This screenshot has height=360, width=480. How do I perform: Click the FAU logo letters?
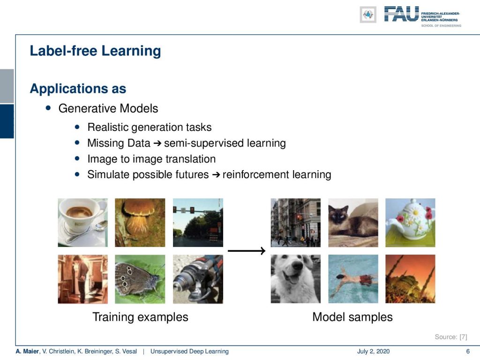(401, 14)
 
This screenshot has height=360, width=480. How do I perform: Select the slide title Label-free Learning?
(95, 51)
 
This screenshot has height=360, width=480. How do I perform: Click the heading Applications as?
(78, 89)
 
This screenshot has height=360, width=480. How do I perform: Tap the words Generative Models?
(108, 108)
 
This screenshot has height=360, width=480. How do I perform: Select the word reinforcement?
(256, 174)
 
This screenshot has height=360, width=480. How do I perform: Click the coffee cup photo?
(82, 223)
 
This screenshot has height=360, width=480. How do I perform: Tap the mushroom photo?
(140, 223)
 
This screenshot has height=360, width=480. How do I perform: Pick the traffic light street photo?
(198, 223)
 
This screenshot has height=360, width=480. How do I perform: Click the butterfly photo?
(140, 279)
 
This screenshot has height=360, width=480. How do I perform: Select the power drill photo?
(198, 279)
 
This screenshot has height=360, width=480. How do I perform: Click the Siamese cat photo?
(353, 223)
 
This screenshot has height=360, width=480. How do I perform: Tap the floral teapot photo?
(410, 223)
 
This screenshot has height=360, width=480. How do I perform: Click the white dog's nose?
(297, 265)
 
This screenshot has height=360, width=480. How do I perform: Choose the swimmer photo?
(353, 279)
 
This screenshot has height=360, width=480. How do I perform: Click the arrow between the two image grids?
(247, 251)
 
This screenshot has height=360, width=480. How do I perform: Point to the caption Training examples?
(140, 317)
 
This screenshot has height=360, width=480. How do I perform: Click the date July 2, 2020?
(373, 352)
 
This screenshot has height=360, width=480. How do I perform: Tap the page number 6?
(468, 352)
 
